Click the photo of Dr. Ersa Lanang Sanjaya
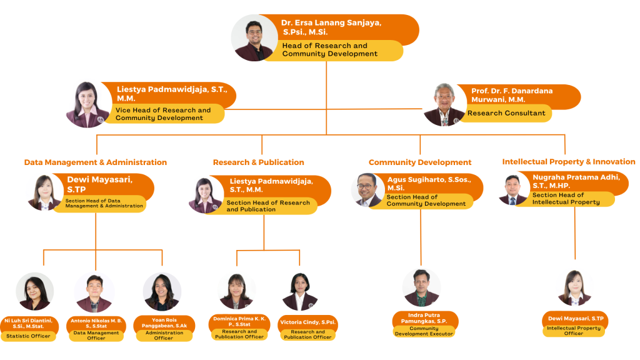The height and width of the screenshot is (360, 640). (254, 38)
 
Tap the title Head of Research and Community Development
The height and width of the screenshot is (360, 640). (330, 50)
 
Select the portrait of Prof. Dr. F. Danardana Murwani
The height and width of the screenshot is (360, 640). (444, 104)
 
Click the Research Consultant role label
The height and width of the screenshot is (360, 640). (506, 113)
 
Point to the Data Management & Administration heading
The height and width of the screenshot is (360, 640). (96, 162)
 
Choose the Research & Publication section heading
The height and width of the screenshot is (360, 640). (258, 162)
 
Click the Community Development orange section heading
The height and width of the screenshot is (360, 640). (420, 162)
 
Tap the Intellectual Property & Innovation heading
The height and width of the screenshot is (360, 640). (569, 162)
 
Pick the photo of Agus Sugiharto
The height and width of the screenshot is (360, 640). (368, 190)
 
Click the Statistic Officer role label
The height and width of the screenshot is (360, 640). (28, 336)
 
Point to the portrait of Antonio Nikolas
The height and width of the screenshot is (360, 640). (94, 292)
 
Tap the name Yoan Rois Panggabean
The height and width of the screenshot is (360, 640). (164, 323)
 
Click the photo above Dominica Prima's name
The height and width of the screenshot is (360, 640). (236, 291)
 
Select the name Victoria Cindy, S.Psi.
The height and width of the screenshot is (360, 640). (307, 322)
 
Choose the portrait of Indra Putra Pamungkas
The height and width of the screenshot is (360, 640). (421, 287)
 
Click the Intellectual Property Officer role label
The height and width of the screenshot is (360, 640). (574, 331)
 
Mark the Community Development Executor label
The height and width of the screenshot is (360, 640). (424, 331)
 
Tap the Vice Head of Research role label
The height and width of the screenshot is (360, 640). (163, 114)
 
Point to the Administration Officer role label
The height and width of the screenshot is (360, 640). (164, 336)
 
